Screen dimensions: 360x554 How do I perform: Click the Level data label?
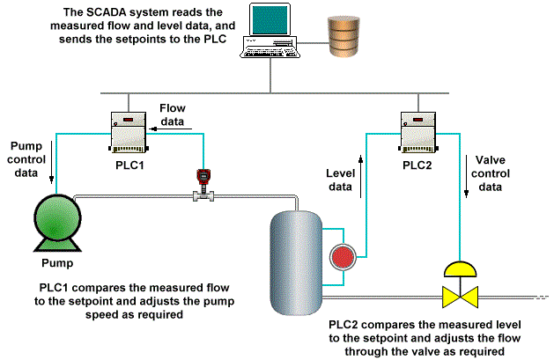click(x=339, y=180)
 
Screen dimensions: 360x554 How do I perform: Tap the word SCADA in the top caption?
click(x=124, y=13)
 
